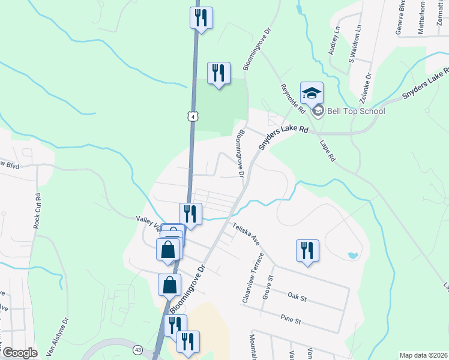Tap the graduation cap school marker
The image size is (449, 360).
click(x=312, y=94)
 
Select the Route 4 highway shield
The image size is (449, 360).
click(x=191, y=116)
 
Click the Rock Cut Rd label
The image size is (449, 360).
click(x=37, y=208)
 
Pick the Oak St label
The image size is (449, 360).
click(x=297, y=296)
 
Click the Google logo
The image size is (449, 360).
click(x=20, y=353)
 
